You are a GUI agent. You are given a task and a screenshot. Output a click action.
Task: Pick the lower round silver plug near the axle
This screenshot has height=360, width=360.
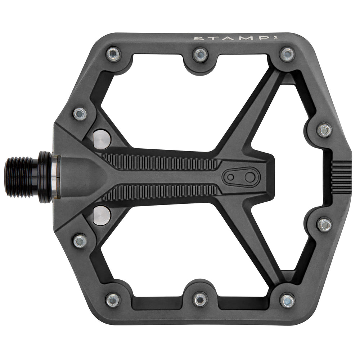click(x=102, y=216)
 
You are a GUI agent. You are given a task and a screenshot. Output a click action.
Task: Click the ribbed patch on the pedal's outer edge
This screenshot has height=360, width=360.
click(x=341, y=177)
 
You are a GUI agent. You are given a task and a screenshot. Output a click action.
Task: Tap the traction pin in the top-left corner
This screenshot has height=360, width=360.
click(x=113, y=54)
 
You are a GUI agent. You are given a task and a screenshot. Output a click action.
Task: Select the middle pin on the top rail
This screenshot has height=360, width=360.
click(x=200, y=54)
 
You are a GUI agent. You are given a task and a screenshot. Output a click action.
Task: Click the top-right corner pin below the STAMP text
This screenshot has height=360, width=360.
click(x=287, y=54)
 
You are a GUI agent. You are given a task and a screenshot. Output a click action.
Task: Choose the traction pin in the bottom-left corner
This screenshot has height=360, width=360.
click(x=113, y=300)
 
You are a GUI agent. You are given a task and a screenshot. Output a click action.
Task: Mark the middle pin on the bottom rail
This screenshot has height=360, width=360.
click(x=200, y=300)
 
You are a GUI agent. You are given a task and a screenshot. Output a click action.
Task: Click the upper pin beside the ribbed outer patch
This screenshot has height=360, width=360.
click(x=324, y=130)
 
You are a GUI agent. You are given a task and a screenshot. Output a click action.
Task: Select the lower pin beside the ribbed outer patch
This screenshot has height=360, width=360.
click(x=324, y=225)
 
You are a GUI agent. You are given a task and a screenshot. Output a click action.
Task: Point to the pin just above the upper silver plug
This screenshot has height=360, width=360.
click(x=80, y=114)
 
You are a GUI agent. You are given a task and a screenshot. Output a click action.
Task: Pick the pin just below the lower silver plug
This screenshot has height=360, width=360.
click(x=80, y=240)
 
